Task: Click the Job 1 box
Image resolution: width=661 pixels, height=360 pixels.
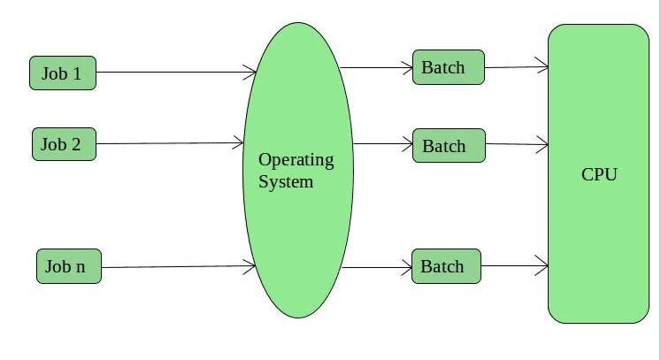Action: [62, 73]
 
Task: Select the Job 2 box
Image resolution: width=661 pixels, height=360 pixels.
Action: [64, 144]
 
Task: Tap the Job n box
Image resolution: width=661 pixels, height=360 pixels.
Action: [69, 266]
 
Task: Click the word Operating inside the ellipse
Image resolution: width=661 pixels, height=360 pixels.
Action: [296, 160]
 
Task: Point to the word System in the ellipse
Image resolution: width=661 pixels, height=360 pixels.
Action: [285, 182]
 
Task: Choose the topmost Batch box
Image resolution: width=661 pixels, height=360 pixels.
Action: [449, 68]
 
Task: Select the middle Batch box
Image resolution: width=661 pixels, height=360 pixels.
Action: [450, 146]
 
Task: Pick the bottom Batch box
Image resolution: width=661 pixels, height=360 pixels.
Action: [447, 266]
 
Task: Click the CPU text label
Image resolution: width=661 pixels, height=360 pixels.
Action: [599, 174]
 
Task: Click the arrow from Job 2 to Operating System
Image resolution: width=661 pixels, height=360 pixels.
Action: [168, 143]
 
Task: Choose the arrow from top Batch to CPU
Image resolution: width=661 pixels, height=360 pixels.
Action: [516, 67]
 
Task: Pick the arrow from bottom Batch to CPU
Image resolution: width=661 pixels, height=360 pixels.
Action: [514, 265]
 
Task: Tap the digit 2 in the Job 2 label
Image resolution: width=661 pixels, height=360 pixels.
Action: [76, 144]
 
